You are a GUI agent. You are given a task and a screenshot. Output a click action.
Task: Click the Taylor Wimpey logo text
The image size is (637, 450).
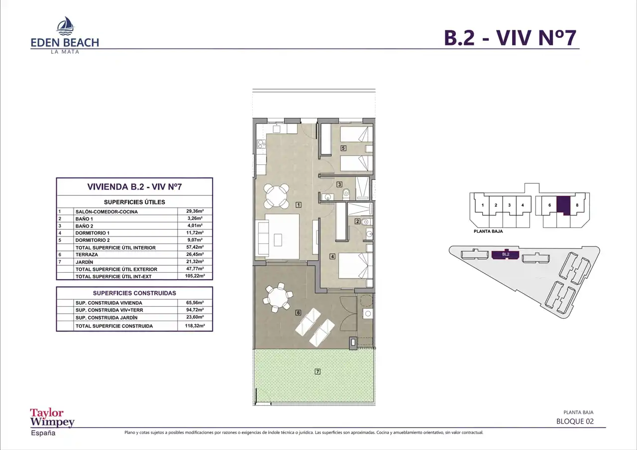52,418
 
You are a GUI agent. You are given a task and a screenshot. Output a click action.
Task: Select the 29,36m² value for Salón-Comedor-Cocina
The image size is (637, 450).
195,211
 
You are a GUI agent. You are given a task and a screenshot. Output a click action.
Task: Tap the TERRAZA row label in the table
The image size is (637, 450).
87,254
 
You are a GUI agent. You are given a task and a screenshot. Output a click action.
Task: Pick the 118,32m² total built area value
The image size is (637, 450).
195,326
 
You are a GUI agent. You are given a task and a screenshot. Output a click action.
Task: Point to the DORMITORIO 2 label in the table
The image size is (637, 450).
93,240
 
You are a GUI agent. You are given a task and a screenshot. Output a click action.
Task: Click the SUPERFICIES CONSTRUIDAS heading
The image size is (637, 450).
134,293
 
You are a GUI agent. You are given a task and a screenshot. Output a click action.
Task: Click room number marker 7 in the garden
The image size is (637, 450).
318,371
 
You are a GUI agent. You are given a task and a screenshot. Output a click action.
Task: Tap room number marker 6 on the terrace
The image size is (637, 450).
298,313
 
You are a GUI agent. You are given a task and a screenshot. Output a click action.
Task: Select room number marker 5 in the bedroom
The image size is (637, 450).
343,148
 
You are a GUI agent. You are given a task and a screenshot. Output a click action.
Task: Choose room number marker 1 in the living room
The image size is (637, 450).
298,205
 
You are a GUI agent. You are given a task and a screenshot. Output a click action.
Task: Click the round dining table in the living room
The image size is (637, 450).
276,196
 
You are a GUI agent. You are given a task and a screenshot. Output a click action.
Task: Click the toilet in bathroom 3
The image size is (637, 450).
346,194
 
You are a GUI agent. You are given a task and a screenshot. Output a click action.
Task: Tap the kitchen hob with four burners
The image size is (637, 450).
261,144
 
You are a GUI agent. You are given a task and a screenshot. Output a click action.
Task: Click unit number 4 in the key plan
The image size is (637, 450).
523,205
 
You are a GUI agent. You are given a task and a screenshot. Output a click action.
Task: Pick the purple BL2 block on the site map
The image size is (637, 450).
505,254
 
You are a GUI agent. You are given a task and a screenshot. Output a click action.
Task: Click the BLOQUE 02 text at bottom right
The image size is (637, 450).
575,421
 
